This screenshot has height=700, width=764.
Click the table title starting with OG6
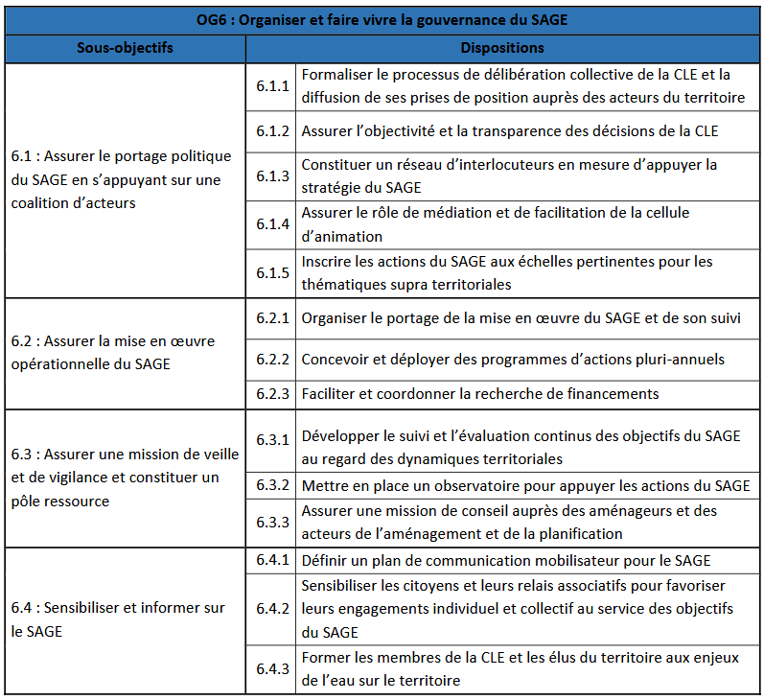[x=383, y=19]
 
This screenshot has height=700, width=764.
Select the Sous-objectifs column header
[x=125, y=48]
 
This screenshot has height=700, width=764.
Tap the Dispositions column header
[x=502, y=48]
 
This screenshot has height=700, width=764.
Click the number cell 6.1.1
[x=272, y=86]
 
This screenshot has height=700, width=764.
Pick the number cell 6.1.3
[x=272, y=176]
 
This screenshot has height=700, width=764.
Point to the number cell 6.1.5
[x=272, y=273]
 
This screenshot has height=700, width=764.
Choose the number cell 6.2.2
[x=272, y=360]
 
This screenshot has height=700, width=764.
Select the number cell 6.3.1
[x=272, y=439]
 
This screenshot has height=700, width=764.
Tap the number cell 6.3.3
[x=272, y=523]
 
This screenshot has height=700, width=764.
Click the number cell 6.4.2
[x=272, y=609]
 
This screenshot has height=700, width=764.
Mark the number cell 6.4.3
[x=272, y=668]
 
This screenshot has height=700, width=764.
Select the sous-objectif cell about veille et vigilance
[x=125, y=478]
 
